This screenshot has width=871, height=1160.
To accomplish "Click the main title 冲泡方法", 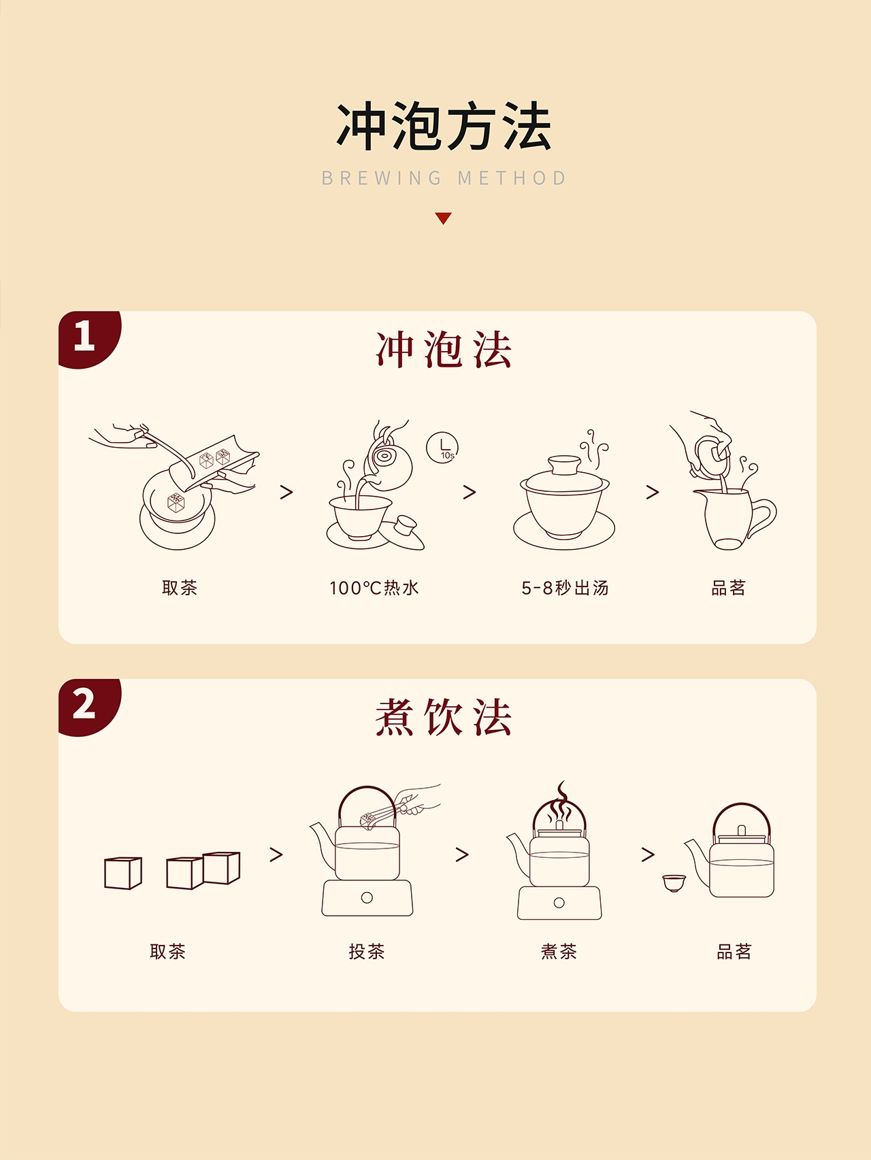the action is (x=444, y=127).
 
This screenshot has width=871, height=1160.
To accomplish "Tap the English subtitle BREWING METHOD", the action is (x=444, y=178).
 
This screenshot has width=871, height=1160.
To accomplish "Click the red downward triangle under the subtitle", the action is (x=444, y=218).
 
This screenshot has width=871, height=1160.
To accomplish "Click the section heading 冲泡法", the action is (x=444, y=350).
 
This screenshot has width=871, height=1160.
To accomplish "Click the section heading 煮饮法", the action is (x=444, y=717).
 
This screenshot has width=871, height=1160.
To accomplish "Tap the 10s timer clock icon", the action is (x=442, y=448).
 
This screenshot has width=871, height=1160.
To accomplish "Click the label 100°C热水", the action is (x=374, y=588).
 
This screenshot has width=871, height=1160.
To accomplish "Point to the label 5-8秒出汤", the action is (x=565, y=588).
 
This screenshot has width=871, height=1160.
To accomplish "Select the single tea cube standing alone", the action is (x=123, y=873).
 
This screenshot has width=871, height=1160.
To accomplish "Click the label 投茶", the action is (x=367, y=951).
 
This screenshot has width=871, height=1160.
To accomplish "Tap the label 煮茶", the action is (x=559, y=951).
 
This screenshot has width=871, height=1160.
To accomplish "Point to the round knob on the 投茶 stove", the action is (x=367, y=897).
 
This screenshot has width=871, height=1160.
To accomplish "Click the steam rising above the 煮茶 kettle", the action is (x=560, y=803).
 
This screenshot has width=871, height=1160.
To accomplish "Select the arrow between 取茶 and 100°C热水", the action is (x=286, y=492).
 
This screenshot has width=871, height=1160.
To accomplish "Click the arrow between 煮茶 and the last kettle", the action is (x=648, y=855).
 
